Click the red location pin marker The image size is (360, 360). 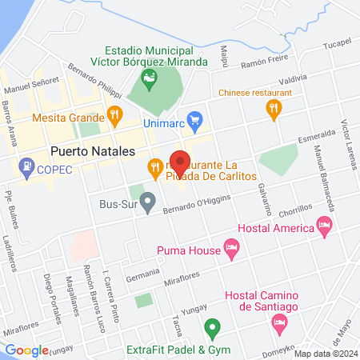(180, 162)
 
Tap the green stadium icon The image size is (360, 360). (148, 78)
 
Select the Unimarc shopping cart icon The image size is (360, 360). (194, 118)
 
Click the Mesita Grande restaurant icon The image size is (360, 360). (114, 115)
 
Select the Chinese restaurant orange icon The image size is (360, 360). (274, 108)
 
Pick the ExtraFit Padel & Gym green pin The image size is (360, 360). (211, 327)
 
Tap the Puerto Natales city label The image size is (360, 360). (91, 150)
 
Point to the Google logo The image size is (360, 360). (26, 350)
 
